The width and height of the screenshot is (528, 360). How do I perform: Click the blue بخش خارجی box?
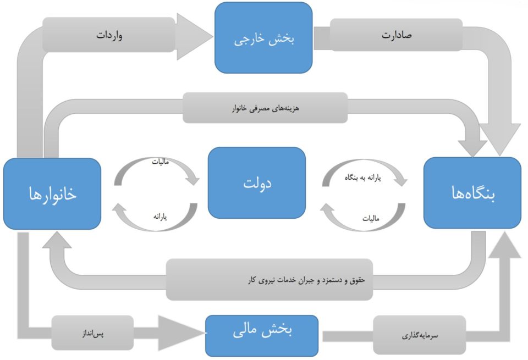[x=263, y=37]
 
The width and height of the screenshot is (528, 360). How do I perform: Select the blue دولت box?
[x=256, y=182]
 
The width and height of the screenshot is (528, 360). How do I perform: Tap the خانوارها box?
[x=52, y=194]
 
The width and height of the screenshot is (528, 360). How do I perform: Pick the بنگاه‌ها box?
[x=472, y=192]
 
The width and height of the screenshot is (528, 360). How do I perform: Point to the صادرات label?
[x=397, y=36]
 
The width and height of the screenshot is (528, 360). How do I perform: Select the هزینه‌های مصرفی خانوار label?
[x=265, y=108]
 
